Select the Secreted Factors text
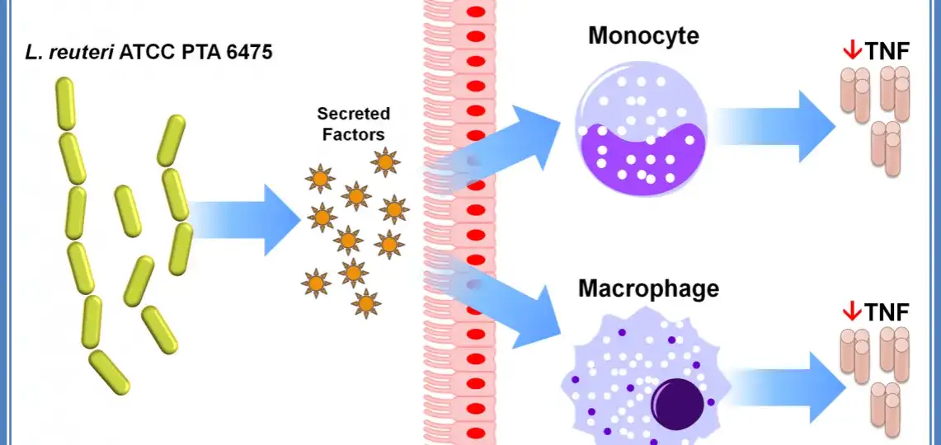[354, 122]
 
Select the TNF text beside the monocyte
[887, 52]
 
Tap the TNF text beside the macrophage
[887, 312]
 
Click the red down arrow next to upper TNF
[851, 51]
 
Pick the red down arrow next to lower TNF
[851, 311]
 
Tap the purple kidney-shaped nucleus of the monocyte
[642, 152]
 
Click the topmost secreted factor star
[385, 162]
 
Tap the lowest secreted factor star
[366, 302]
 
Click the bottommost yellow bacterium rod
[109, 372]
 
